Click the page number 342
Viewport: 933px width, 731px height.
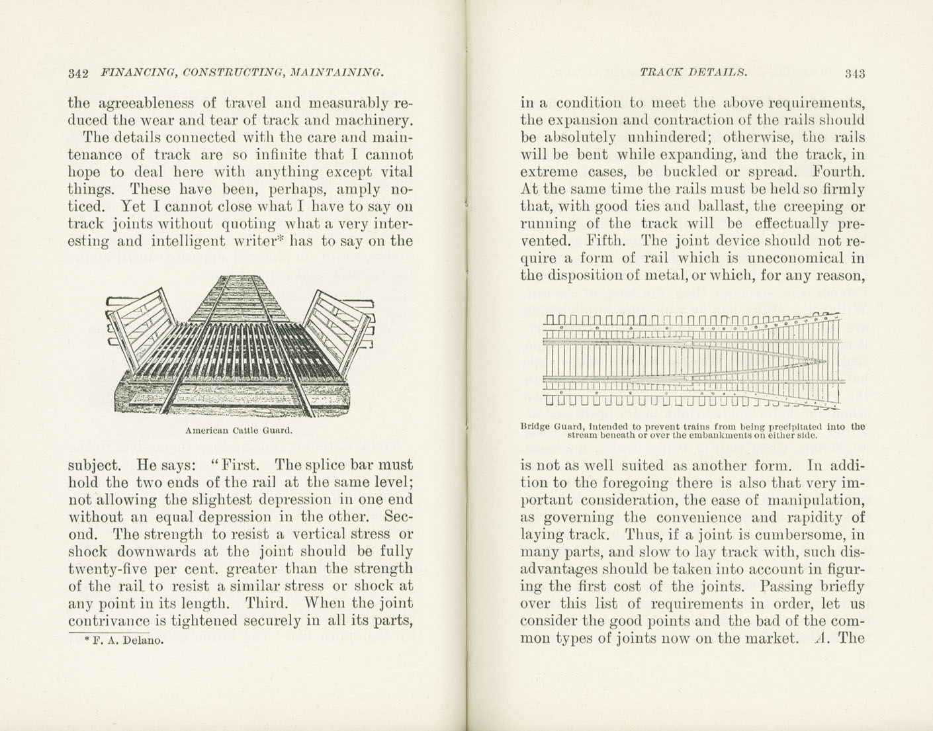[x=79, y=73]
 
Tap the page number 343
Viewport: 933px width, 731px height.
[x=854, y=73]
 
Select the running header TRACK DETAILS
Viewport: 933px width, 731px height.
[x=693, y=72]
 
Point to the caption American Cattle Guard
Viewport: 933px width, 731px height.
[x=239, y=431]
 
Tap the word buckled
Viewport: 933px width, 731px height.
[x=690, y=172]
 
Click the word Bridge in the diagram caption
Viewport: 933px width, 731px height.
[x=537, y=427]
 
